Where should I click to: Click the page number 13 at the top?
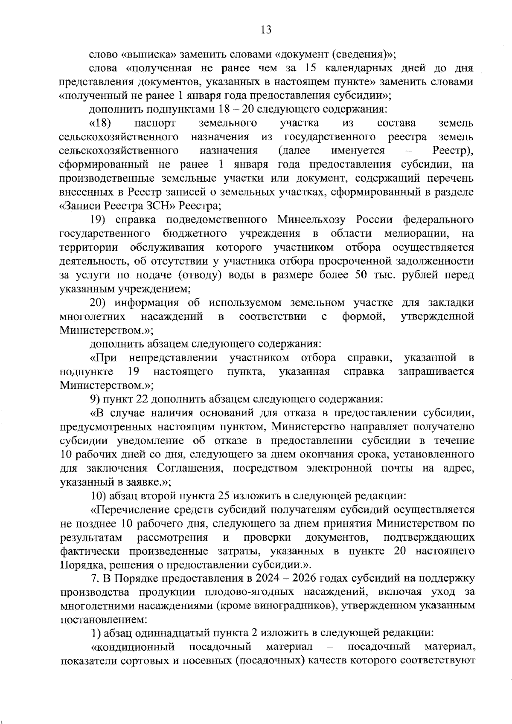click(x=266, y=29)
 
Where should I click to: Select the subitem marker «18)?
click(x=101, y=123)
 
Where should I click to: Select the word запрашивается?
click(x=436, y=371)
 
